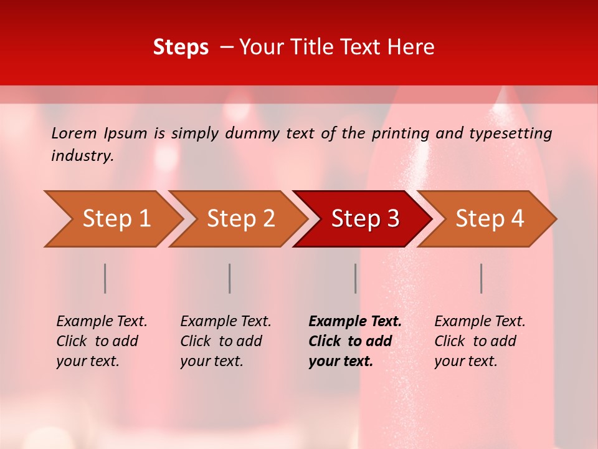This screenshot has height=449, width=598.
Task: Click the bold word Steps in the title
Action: pos(181,47)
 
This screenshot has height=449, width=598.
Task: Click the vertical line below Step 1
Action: pos(105,278)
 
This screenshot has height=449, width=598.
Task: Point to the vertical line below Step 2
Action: pos(230,278)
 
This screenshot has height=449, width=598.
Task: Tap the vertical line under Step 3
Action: pos(356,278)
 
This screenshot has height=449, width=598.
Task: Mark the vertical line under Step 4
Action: pos(482,278)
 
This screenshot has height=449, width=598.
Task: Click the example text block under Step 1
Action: pos(102,341)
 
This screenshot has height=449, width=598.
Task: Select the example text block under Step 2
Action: pos(225,341)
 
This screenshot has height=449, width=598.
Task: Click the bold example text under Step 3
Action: pos(355,341)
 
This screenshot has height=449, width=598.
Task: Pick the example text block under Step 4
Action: pos(480,341)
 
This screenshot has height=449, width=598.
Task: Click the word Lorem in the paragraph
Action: pos(74,133)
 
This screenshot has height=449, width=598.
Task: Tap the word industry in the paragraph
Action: pos(81,156)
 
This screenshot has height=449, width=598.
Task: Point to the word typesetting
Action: pos(511,133)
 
